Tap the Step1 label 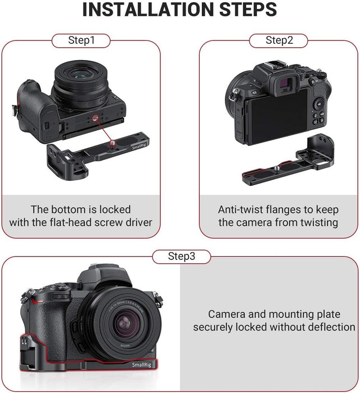click(81, 40)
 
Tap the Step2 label click(279, 40)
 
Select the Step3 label click(182, 257)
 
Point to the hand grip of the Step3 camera click(39, 320)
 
